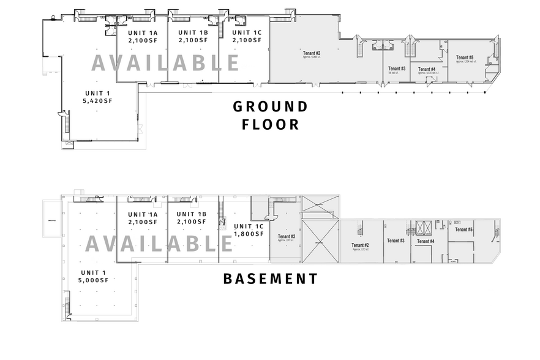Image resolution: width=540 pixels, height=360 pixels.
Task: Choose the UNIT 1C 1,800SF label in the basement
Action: tap(249, 230)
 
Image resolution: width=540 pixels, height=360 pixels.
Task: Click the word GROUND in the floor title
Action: tap(270, 107)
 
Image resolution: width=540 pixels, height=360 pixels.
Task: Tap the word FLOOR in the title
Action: tap(270, 125)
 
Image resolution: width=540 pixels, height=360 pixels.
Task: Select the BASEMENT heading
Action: tap(270, 279)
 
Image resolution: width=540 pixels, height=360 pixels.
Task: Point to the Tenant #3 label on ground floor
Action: tap(397, 69)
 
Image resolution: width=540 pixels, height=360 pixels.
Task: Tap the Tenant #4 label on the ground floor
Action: tap(427, 70)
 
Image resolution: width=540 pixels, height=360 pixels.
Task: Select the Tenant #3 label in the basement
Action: tap(396, 241)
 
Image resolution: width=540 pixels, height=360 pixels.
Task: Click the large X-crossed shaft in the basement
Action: tap(320, 242)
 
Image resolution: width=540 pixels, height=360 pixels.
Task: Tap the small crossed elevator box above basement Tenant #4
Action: tap(423, 228)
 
